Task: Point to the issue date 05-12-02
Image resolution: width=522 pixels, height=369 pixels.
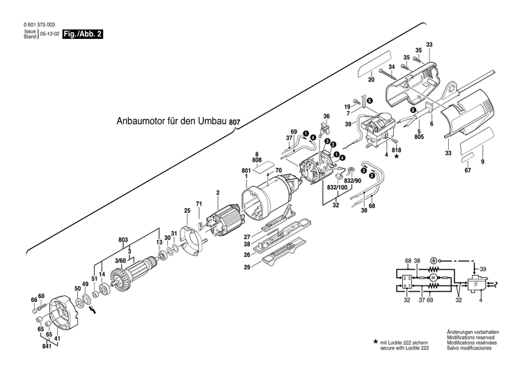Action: [49, 33]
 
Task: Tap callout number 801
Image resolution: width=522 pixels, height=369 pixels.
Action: [246, 171]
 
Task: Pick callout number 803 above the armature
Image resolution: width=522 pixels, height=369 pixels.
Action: [124, 240]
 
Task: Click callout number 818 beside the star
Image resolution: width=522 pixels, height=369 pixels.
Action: [396, 150]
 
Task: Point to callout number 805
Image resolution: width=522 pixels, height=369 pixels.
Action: [419, 137]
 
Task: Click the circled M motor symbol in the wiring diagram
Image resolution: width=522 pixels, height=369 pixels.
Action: [432, 278]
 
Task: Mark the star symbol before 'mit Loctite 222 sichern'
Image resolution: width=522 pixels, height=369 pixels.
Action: [376, 343]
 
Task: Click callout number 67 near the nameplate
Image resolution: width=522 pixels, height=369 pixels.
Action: [468, 171]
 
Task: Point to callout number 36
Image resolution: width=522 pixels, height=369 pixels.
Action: [326, 116]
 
